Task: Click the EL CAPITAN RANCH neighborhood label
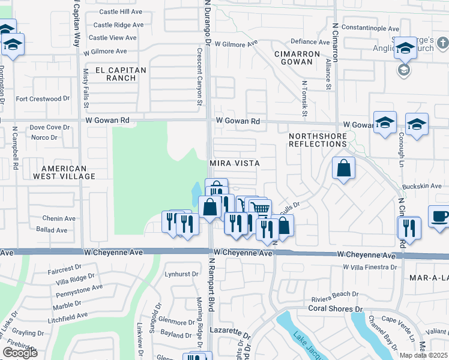118,74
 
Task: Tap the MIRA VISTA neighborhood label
234,163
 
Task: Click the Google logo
20,353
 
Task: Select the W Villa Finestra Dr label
369,266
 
